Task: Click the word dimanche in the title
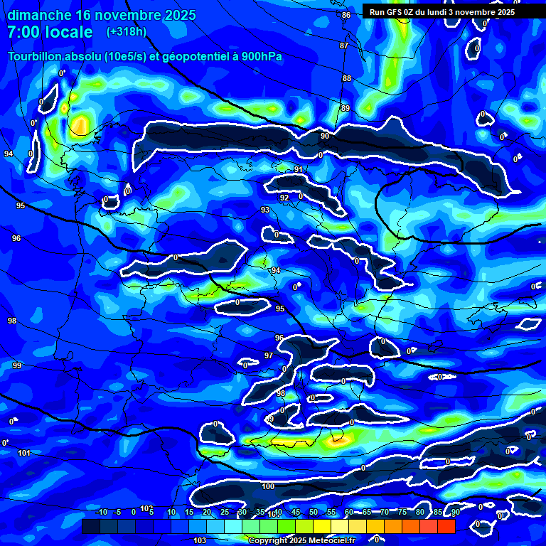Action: click(x=40, y=16)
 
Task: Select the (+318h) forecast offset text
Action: click(x=127, y=32)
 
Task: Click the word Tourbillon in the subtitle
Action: click(x=36, y=57)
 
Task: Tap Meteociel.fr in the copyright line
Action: click(x=331, y=540)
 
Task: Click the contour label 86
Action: click(x=346, y=15)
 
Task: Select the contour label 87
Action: click(x=344, y=45)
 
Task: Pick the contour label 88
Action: click(x=347, y=78)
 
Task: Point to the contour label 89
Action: click(x=346, y=108)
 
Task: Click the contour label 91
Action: click(x=299, y=169)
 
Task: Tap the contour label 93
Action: click(x=265, y=210)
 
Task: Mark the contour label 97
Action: click(x=269, y=355)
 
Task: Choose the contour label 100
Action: click(x=268, y=486)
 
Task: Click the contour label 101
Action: click(x=24, y=453)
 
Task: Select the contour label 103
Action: click(x=200, y=540)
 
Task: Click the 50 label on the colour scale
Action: click(x=314, y=512)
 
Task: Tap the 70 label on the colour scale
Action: click(x=385, y=512)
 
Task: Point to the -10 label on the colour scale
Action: click(x=101, y=512)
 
